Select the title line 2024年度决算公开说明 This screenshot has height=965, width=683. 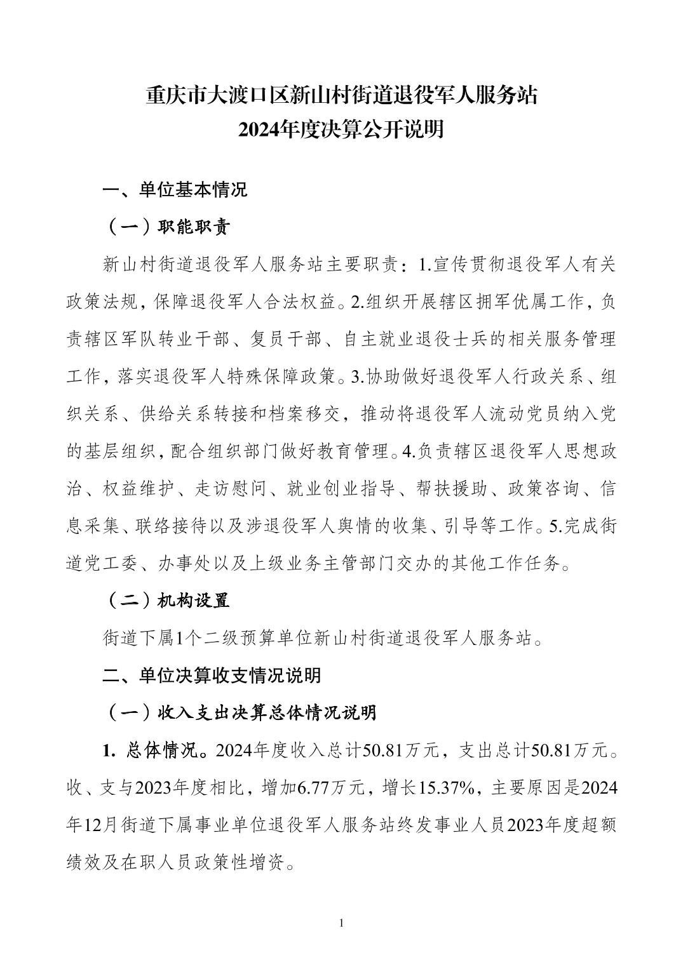(341, 130)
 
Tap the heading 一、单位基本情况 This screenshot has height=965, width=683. (175, 190)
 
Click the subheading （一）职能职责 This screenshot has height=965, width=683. (166, 227)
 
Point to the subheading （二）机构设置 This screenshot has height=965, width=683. (166, 600)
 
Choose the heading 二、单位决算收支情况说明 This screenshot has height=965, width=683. (212, 675)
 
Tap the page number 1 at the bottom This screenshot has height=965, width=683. (342, 922)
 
